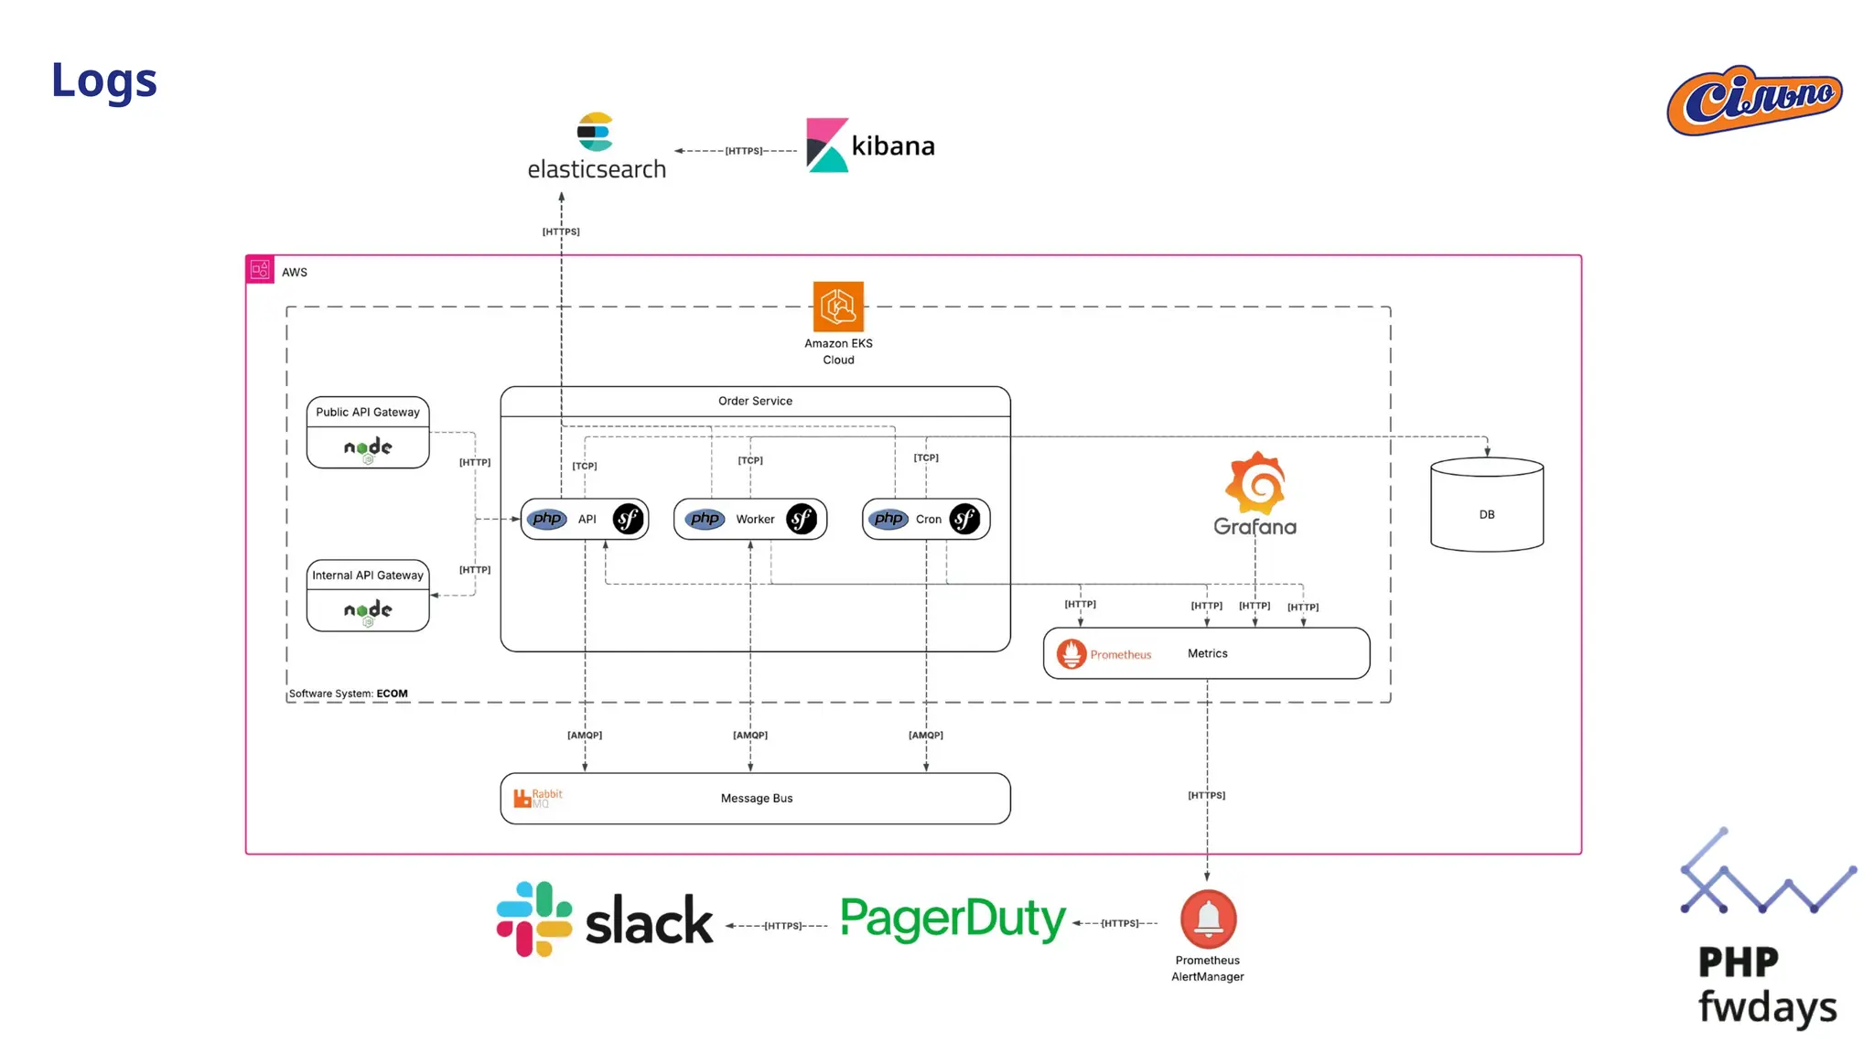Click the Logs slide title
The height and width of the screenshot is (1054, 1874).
(104, 81)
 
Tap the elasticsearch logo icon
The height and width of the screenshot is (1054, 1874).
(595, 132)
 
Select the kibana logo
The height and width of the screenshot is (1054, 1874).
(870, 145)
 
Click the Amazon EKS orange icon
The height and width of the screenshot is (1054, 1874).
(838, 307)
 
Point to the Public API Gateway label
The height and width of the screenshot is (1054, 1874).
(368, 412)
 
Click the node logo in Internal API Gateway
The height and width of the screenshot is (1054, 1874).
(368, 611)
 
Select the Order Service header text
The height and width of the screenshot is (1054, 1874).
(755, 401)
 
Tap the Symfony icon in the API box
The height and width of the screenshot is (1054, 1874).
(628, 519)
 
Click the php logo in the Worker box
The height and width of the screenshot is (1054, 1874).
(705, 519)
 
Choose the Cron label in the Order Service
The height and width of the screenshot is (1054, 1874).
(928, 519)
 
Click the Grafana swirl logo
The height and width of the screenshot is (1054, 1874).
(1255, 483)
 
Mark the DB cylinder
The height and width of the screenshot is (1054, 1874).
(1487, 505)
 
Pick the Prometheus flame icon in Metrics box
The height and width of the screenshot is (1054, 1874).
(1072, 653)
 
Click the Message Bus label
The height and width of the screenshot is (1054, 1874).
(757, 798)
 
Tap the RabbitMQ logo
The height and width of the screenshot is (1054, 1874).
(537, 798)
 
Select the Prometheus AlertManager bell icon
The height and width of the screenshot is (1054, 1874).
(1208, 919)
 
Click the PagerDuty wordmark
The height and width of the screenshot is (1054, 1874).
(953, 919)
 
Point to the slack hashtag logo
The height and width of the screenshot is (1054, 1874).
(534, 919)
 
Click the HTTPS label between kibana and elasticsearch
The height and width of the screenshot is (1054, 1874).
(743, 151)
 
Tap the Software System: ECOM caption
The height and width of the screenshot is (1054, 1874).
(349, 694)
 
